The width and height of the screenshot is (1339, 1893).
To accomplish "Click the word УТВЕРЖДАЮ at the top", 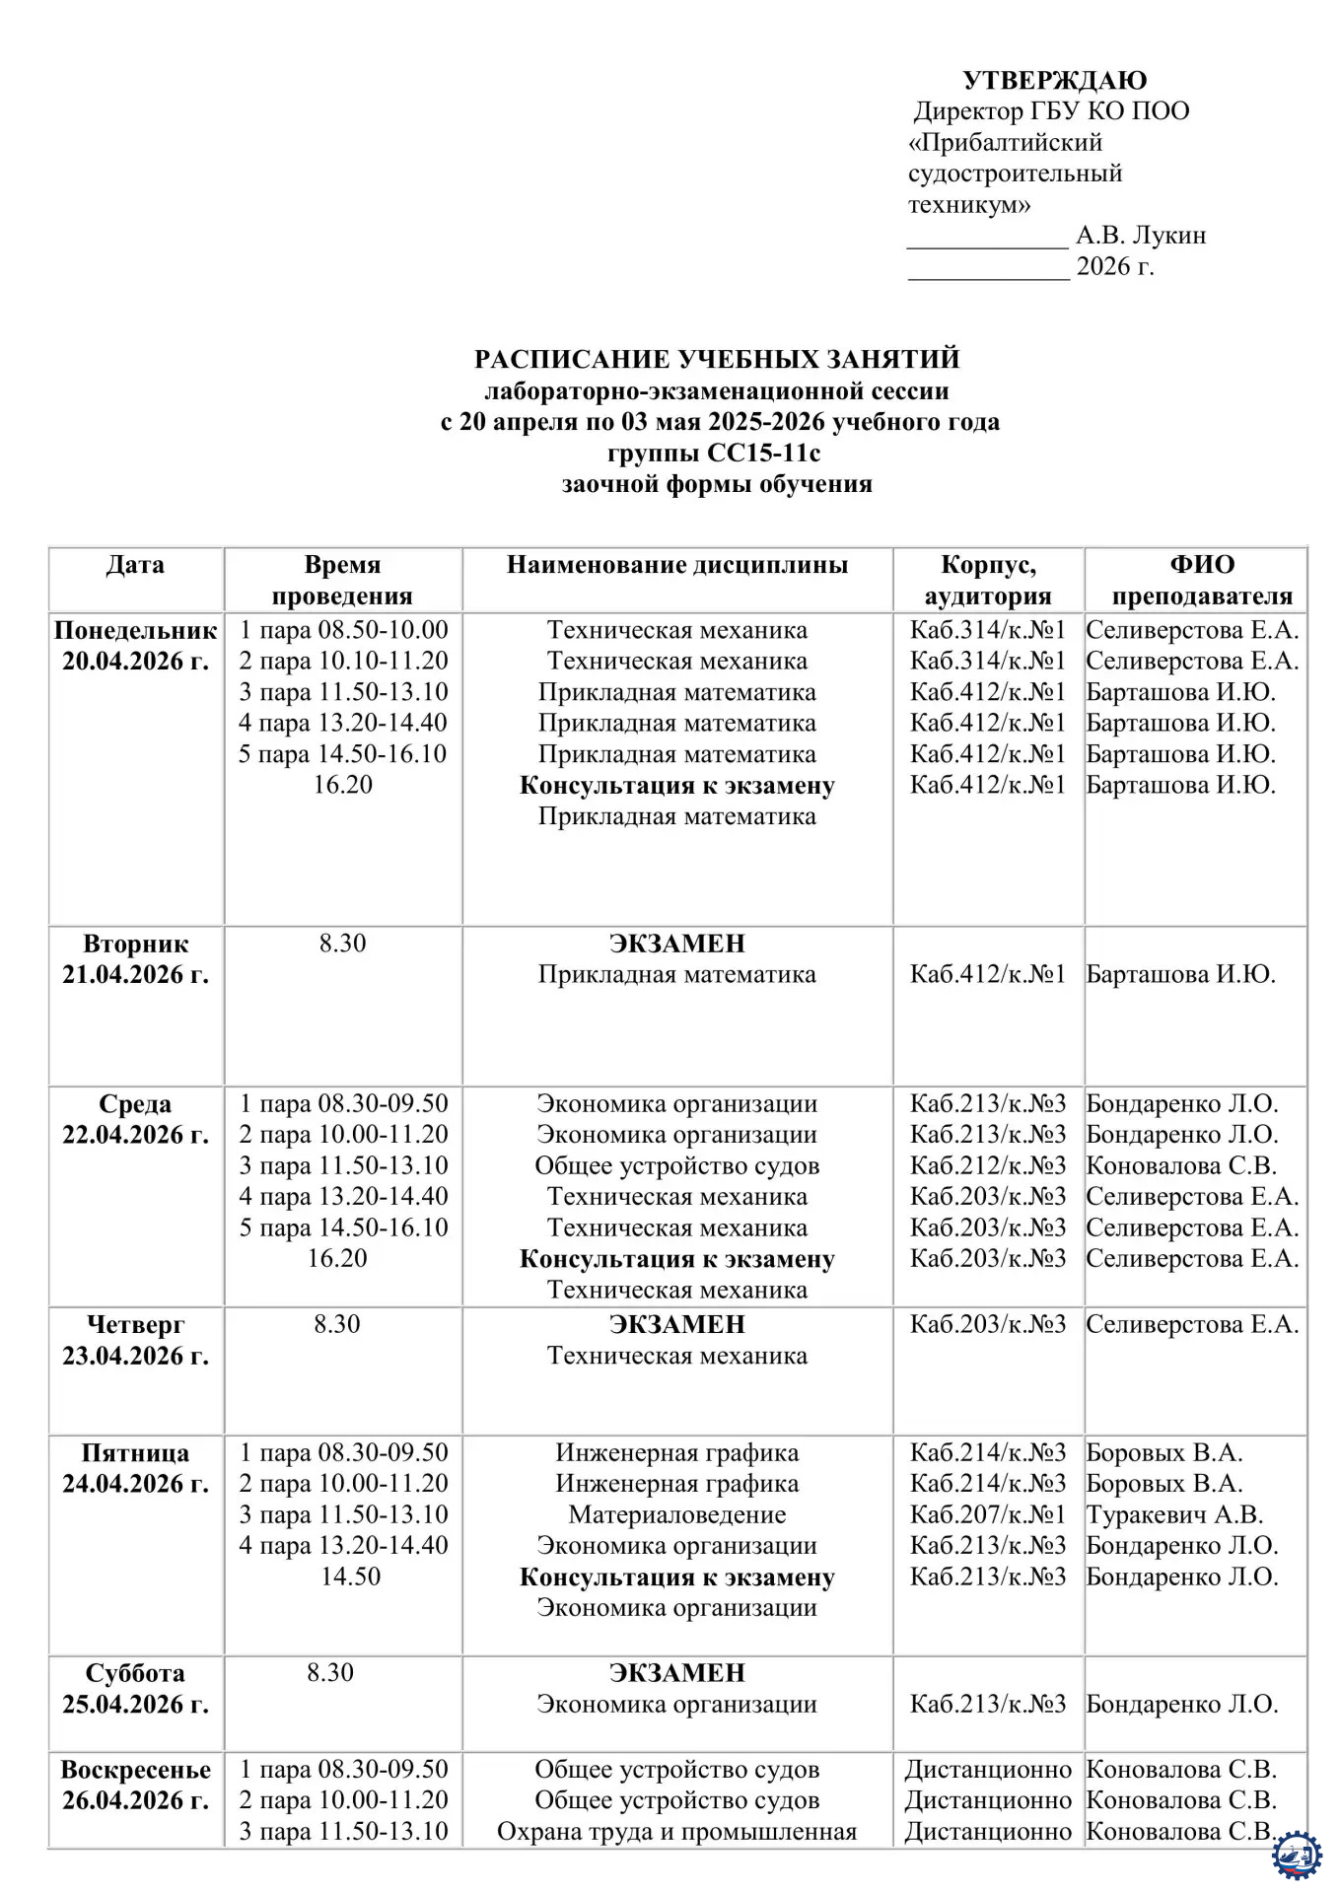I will [x=1054, y=80].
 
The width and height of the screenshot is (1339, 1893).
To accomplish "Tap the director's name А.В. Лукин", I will [x=1141, y=236].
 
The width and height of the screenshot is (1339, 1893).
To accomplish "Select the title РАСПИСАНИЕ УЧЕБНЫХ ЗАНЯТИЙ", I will [x=717, y=359].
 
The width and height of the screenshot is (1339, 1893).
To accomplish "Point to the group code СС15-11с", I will [x=764, y=453].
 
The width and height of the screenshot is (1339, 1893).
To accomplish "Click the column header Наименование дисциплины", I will [x=677, y=565].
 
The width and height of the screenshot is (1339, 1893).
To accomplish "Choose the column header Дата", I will [x=135, y=565].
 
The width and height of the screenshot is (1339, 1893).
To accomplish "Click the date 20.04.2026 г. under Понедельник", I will [x=136, y=662].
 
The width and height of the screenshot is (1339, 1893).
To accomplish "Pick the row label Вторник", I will [x=136, y=944].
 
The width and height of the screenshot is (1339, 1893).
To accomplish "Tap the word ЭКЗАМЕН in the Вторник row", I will [x=677, y=944].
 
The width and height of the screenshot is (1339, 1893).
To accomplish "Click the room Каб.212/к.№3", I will [x=988, y=1166].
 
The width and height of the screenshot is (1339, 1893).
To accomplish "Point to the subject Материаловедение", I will [x=677, y=1514].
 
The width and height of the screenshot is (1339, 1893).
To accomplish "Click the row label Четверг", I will [x=136, y=1324].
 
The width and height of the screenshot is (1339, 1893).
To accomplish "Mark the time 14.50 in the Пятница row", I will [x=350, y=1577].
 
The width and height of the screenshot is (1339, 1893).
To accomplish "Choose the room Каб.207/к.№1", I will [x=988, y=1514].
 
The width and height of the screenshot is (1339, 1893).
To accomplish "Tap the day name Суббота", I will [x=136, y=1673].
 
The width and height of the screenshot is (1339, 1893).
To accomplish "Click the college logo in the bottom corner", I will [x=1297, y=1856].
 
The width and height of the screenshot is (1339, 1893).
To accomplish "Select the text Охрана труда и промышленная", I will [x=677, y=1832].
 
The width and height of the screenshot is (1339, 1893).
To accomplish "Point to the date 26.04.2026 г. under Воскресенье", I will [x=136, y=1800].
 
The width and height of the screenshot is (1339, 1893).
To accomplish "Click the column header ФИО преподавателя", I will [x=1201, y=580].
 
